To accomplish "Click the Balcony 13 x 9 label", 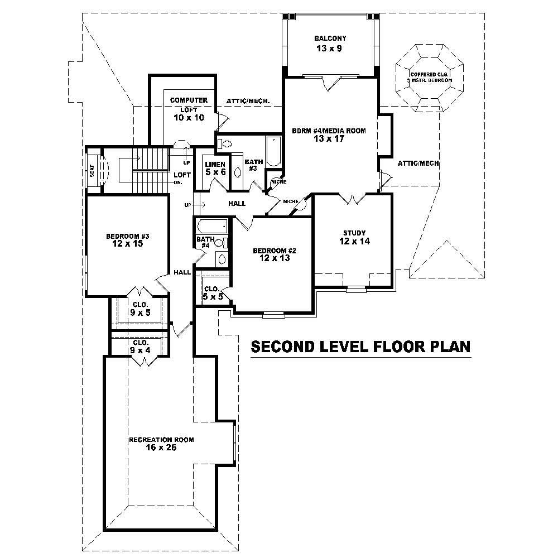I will [x=330, y=44].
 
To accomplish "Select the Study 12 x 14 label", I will [x=354, y=237].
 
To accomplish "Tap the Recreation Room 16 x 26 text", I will [x=161, y=444].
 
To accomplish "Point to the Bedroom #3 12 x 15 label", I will [x=128, y=239].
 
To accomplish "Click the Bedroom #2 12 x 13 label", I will [x=274, y=254].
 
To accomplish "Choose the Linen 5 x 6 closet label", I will [x=215, y=169].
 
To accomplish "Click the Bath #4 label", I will [x=202, y=242].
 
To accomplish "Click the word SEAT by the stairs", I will [x=93, y=170].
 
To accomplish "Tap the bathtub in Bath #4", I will [x=212, y=227].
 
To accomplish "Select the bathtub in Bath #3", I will [x=274, y=151].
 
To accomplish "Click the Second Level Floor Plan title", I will [x=360, y=347].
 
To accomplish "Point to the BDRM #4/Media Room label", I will [x=329, y=134].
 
